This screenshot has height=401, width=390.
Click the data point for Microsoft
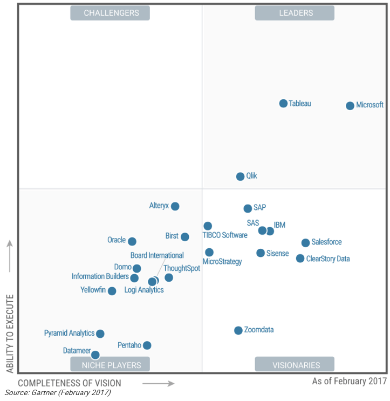coord(350,106)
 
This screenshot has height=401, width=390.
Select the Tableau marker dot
coord(283,103)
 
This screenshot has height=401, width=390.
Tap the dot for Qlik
coord(241,176)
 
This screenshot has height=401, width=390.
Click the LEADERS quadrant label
coord(295,13)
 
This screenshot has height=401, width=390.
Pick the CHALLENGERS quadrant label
coord(111,13)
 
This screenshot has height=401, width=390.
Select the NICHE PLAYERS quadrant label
coord(111,365)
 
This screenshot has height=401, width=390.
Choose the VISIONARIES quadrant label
coord(295,365)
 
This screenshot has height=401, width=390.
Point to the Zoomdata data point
coord(238,330)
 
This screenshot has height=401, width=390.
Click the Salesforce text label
coord(326,242)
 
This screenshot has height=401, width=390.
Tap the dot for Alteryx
coord(175,206)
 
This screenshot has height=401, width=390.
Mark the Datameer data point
coord(95,355)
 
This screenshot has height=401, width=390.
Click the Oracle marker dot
coord(132,241)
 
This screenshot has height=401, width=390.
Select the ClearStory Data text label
coord(328,259)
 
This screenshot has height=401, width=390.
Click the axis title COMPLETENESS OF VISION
coord(70,383)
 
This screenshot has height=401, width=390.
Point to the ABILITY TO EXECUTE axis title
coord(10,333)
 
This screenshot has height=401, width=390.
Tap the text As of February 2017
coord(349,382)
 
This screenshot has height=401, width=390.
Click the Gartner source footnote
coord(58,393)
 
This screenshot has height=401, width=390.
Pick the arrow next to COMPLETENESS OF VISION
coord(158,384)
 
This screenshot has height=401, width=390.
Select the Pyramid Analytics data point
coord(100,334)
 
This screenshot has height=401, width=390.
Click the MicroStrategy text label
coord(222,262)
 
